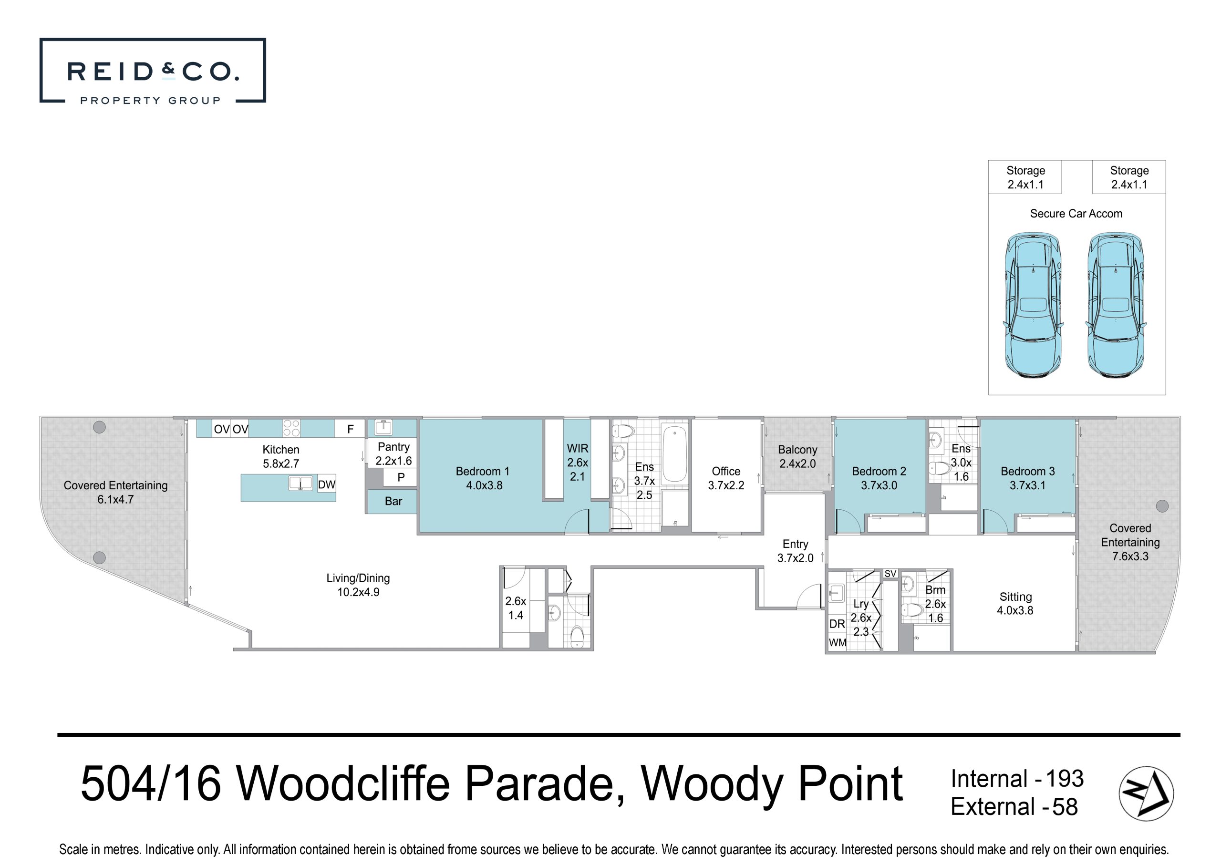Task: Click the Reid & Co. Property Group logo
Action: click(x=152, y=70)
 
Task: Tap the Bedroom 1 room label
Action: click(x=483, y=478)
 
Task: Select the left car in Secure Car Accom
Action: click(x=1033, y=305)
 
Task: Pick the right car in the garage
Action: click(x=1116, y=305)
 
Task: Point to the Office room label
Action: click(x=726, y=478)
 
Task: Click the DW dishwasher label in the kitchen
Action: click(x=327, y=484)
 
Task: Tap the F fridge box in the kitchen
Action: click(x=350, y=429)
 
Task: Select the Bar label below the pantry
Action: click(x=393, y=501)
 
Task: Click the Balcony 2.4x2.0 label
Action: click(x=797, y=456)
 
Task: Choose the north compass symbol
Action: click(x=1146, y=793)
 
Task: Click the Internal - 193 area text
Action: click(x=1017, y=779)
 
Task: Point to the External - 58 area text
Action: click(x=1014, y=807)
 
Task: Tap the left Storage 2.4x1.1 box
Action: click(x=1025, y=177)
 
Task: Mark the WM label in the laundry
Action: click(x=838, y=643)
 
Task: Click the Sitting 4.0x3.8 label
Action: click(x=1015, y=604)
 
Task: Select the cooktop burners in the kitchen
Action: click(x=291, y=428)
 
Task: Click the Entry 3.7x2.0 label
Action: click(x=796, y=551)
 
